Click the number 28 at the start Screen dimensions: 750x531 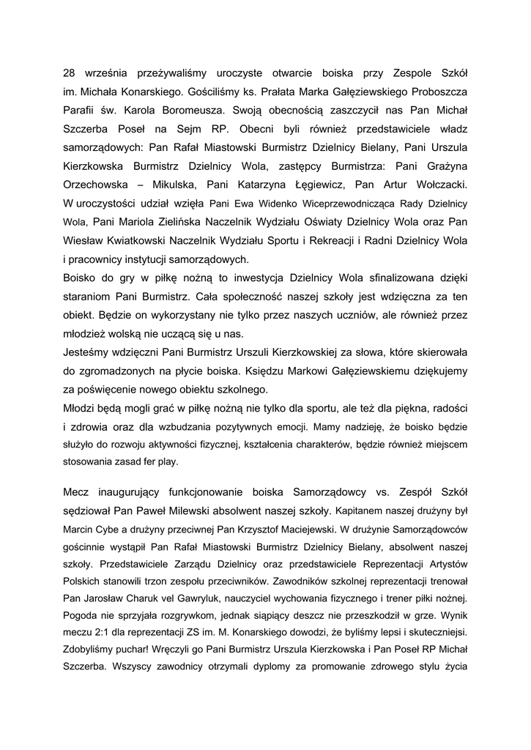point(70,74)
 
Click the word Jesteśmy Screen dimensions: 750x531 point(89,352)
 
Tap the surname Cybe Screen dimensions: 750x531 point(108,528)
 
